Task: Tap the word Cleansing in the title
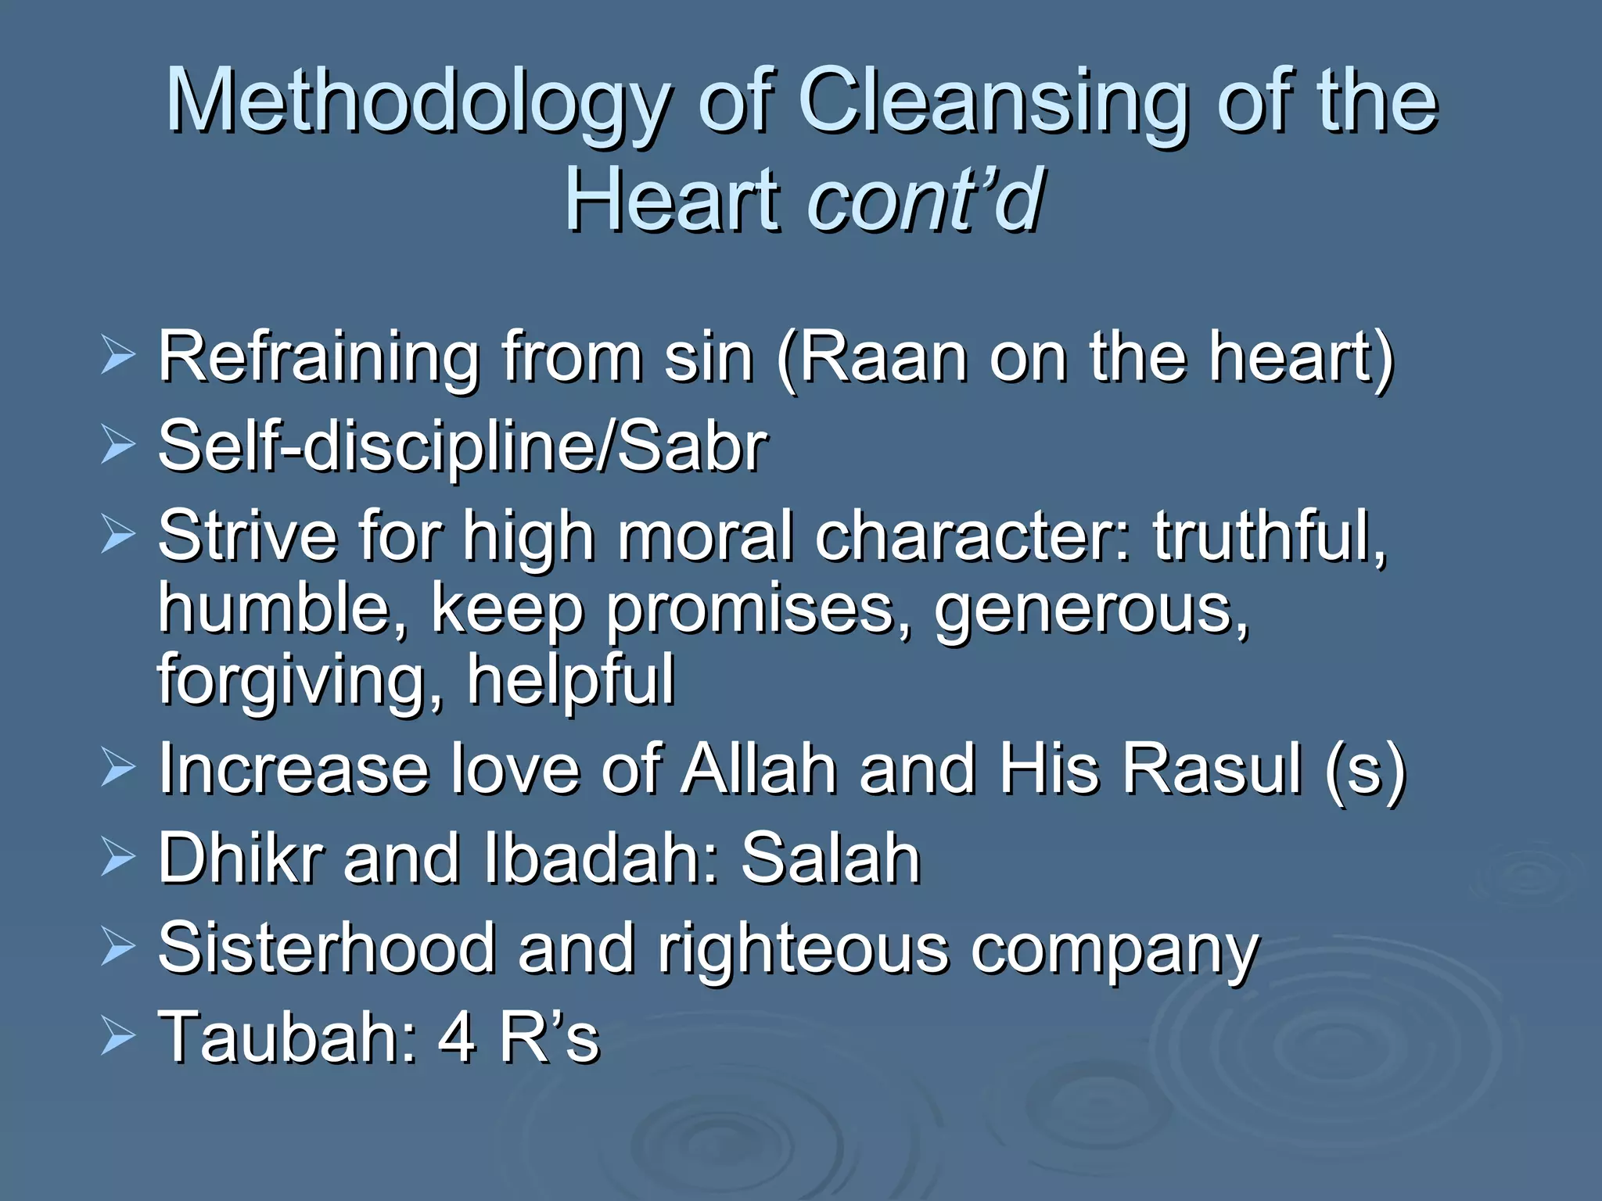click(x=993, y=102)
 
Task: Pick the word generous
click(x=1091, y=610)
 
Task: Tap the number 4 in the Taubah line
click(x=457, y=1038)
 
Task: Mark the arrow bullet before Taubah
click(x=118, y=1038)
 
